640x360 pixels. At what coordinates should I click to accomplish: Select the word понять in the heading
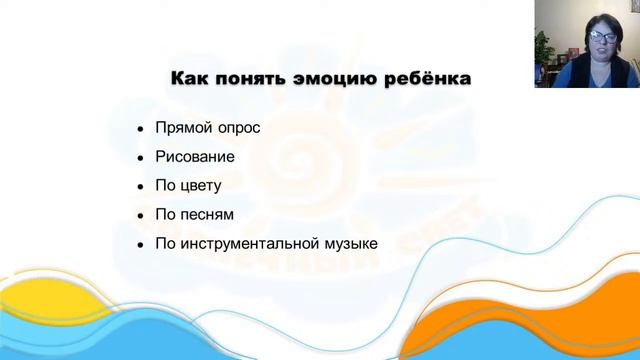(x=246, y=77)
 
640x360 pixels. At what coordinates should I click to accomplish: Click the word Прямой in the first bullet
(x=181, y=130)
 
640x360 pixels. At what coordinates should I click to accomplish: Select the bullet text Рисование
(x=195, y=158)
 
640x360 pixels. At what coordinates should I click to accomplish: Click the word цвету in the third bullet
(x=201, y=186)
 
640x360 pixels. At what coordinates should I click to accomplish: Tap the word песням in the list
(x=207, y=214)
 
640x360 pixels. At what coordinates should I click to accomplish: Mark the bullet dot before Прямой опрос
(x=140, y=131)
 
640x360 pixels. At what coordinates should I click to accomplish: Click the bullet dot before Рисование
(x=140, y=159)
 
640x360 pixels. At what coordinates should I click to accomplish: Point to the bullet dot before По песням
(x=140, y=215)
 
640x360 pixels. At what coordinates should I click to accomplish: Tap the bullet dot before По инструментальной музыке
(x=140, y=243)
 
